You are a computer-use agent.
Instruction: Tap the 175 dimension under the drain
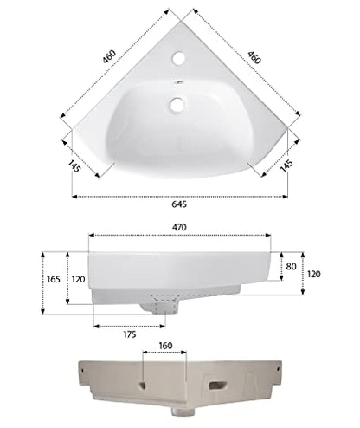coord(128,334)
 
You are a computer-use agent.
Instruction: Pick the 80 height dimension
coord(291,268)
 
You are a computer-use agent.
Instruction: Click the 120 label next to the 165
coord(77,279)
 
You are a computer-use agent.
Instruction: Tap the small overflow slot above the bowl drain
coord(179,84)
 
